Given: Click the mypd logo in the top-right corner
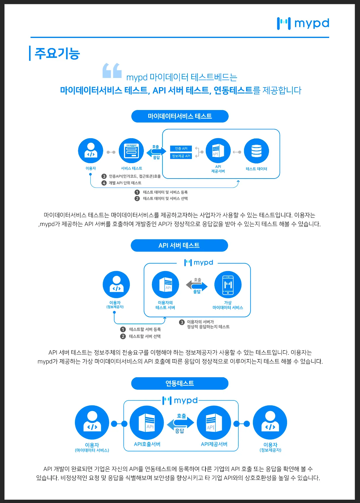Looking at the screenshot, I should pyautogui.click(x=303, y=23).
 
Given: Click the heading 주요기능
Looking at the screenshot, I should pyautogui.click(x=57, y=53).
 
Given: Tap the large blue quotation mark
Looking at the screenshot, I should pyautogui.click(x=112, y=71).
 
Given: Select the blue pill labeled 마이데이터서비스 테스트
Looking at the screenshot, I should pyautogui.click(x=180, y=116).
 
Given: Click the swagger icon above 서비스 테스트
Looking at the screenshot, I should pyautogui.click(x=131, y=151).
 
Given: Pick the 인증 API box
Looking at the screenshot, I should pyautogui.click(x=181, y=148).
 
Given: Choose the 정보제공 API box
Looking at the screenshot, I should pyautogui.click(x=181, y=156).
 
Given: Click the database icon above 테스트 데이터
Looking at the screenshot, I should pyautogui.click(x=256, y=151).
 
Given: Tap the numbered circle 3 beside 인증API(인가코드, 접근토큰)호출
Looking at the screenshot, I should pyautogui.click(x=104, y=176).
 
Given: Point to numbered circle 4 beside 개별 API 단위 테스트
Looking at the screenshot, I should pyautogui.click(x=104, y=183).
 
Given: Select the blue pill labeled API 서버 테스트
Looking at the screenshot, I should pyautogui.click(x=179, y=246).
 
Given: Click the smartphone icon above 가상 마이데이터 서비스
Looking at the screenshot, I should pyautogui.click(x=228, y=284).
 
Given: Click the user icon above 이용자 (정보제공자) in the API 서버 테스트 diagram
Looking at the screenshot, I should pyautogui.click(x=116, y=284).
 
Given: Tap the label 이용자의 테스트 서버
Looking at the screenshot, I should pyautogui.click(x=165, y=305).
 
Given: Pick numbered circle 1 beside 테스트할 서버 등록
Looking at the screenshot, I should pyautogui.click(x=123, y=329).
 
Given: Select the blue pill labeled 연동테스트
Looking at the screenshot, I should pyautogui.click(x=180, y=383).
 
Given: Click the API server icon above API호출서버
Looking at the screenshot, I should pyautogui.click(x=146, y=423).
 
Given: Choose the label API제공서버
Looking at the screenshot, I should pyautogui.click(x=214, y=444).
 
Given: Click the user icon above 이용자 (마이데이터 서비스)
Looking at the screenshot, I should pyautogui.click(x=92, y=423).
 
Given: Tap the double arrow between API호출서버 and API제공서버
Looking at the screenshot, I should pyautogui.click(x=180, y=423).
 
